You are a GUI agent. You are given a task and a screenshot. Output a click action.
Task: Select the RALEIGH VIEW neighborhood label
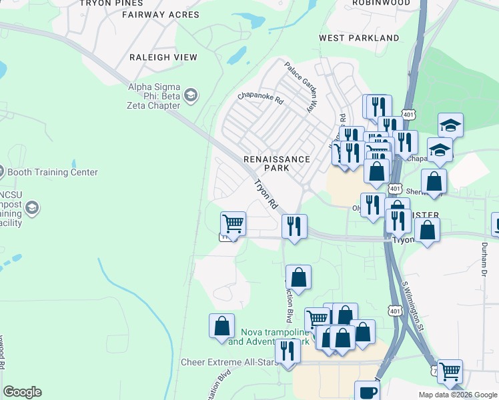point(163,57)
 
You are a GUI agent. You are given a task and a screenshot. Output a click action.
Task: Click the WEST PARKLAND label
point(359,38)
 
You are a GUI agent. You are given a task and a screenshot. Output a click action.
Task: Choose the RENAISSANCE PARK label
point(277,163)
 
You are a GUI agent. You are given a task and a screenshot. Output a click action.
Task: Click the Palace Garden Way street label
point(300,87)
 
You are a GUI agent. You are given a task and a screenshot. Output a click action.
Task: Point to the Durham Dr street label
point(482,256)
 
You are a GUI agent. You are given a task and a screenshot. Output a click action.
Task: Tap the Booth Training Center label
point(52,172)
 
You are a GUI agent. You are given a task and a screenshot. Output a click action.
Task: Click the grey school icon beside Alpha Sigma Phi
point(191,96)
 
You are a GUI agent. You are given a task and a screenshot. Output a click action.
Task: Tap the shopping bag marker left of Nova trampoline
point(221,326)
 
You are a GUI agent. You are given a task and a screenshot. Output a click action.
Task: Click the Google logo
point(22,392)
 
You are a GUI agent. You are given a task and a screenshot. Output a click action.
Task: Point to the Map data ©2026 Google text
point(458,395)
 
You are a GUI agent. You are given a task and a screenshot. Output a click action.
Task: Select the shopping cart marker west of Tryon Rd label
point(233,223)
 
